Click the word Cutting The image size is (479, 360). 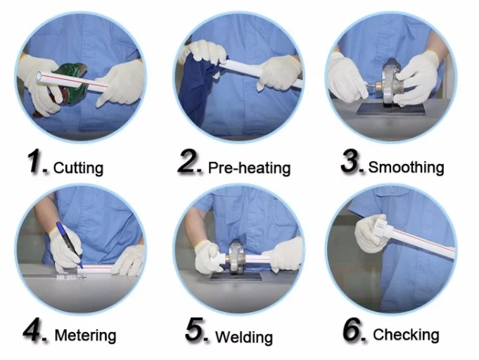pyautogui.click(x=78, y=168)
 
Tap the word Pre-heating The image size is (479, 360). pyautogui.click(x=249, y=168)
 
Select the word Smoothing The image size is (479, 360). pyautogui.click(x=406, y=167)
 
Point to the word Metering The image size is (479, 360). pyautogui.click(x=85, y=335)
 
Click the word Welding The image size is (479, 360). pyautogui.click(x=244, y=337)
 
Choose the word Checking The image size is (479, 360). pyautogui.click(x=406, y=335)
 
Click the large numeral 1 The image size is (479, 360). pyautogui.click(x=36, y=161)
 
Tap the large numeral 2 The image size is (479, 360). pyautogui.click(x=189, y=161)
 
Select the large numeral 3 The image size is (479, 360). pyautogui.click(x=351, y=161)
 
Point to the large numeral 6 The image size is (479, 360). pyautogui.click(x=353, y=329)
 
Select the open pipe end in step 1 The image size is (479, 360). pyautogui.click(x=39, y=75)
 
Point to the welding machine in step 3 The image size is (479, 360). pyautogui.click(x=386, y=83)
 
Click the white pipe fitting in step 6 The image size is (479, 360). pyautogui.click(x=382, y=226)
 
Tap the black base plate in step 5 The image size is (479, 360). pyautogui.click(x=236, y=276)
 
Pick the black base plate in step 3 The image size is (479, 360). pyautogui.click(x=391, y=109)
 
